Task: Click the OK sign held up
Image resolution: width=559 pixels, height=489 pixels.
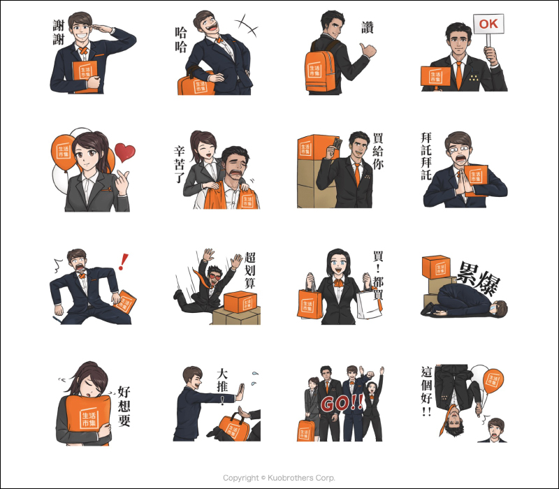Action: tap(488, 24)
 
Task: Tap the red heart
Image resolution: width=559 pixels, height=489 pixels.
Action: tap(125, 152)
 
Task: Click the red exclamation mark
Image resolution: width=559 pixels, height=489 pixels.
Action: tap(124, 261)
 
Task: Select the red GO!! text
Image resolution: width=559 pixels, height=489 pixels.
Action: tap(342, 403)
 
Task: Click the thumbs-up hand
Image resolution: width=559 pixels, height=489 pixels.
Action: tap(368, 50)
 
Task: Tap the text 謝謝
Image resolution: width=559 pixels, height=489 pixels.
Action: tap(59, 32)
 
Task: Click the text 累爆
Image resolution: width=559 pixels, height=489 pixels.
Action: tap(478, 278)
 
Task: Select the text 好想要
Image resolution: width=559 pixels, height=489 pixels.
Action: tap(124, 406)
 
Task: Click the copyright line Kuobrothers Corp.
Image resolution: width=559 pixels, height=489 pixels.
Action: tap(279, 478)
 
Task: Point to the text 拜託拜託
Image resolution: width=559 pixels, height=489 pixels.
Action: tap(426, 156)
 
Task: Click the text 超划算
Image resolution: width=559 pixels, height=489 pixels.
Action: tap(250, 270)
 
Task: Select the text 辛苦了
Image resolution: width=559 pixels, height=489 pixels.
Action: tap(180, 164)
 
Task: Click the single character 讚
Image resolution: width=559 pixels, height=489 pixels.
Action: tap(368, 27)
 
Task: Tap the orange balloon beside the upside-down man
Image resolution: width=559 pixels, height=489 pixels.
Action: tap(493, 381)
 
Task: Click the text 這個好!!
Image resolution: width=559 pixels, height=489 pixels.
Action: tap(427, 391)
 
